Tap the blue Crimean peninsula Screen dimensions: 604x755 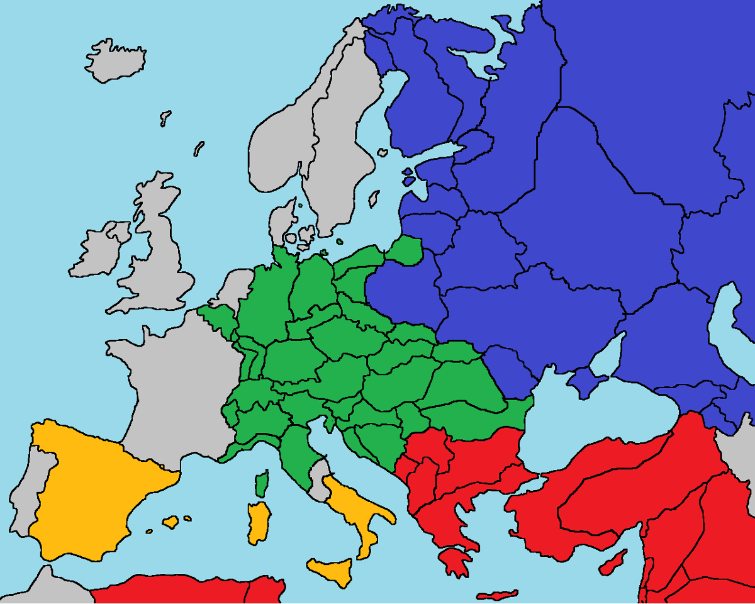click(585, 381)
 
